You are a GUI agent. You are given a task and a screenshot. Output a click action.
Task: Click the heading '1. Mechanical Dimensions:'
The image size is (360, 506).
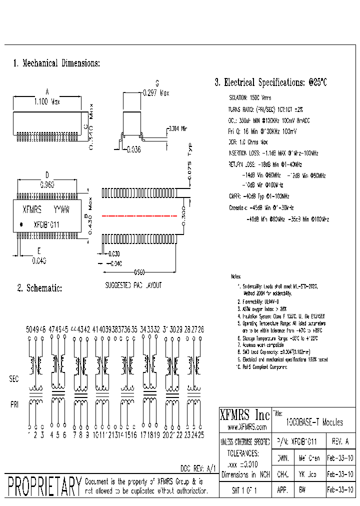pyautogui.click(x=56, y=63)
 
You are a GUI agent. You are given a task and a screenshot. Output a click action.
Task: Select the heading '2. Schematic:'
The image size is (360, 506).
pyautogui.click(x=40, y=288)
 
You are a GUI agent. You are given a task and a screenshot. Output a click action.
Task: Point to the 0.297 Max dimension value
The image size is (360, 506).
pyautogui.click(x=156, y=92)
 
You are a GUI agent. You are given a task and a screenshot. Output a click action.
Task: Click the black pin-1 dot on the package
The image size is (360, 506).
pyautogui.click(x=21, y=225)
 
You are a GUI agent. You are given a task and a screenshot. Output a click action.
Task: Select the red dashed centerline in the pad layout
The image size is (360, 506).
pyautogui.click(x=139, y=216)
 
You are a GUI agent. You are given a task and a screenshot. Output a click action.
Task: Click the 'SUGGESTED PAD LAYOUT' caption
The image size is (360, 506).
pyautogui.click(x=133, y=285)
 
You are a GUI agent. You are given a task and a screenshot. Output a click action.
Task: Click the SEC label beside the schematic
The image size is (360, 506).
pyautogui.click(x=14, y=379)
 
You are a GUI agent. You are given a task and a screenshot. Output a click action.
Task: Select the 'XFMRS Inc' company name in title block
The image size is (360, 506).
pyautogui.click(x=245, y=414)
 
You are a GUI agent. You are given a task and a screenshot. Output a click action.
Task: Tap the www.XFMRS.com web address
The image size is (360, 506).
pyautogui.click(x=245, y=427)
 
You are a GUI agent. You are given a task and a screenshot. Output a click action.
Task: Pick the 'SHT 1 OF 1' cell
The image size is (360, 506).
pyautogui.click(x=244, y=491)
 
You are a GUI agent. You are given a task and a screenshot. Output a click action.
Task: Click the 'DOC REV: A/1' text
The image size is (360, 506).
pyautogui.click(x=198, y=468)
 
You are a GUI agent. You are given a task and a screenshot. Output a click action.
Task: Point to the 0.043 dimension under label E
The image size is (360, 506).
pyautogui.click(x=39, y=260)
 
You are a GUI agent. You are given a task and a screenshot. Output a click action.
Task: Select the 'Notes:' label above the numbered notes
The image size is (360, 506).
pyautogui.click(x=236, y=276)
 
